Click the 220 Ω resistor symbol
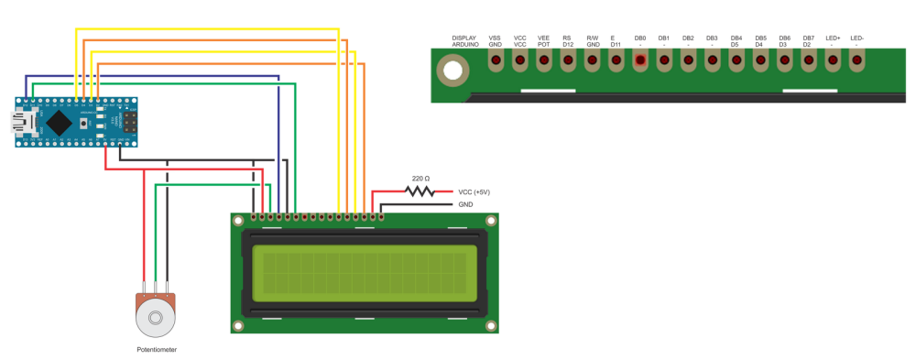click(420, 191)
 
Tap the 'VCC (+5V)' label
click(474, 191)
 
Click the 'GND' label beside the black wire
click(465, 205)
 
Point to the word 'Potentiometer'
click(157, 350)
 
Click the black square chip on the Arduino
click(60, 122)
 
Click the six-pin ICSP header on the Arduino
click(130, 122)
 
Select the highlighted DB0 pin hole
click(640, 62)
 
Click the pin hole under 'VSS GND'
click(496, 62)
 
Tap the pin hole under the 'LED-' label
click(857, 62)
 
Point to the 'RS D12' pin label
click(568, 40)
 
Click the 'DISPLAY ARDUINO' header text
click(464, 40)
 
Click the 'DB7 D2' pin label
click(808, 40)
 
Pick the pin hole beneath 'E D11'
click(616, 62)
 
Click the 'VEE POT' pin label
click(544, 40)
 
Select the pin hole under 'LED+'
click(833, 62)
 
